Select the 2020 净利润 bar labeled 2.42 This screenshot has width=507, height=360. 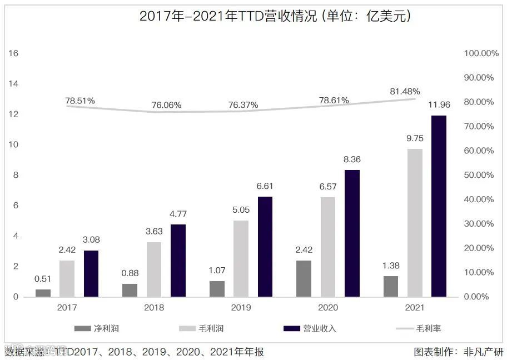(x=304, y=278)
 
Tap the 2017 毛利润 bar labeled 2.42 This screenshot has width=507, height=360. (x=67, y=278)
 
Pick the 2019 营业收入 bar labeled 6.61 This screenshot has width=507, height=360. (x=265, y=247)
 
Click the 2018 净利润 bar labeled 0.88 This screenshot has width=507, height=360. (x=130, y=290)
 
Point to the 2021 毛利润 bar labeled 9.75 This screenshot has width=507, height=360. (x=415, y=223)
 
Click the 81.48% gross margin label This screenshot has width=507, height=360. (x=405, y=91)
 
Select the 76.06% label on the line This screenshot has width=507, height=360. (x=166, y=105)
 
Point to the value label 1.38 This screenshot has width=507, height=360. (x=391, y=266)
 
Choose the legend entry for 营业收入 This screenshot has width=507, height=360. (x=309, y=328)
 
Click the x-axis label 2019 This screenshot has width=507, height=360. (x=241, y=307)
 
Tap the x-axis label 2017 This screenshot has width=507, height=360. (x=67, y=307)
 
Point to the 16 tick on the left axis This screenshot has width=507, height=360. (x=13, y=53)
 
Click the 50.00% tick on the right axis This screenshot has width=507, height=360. (x=478, y=175)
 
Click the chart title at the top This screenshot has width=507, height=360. (x=275, y=16)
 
